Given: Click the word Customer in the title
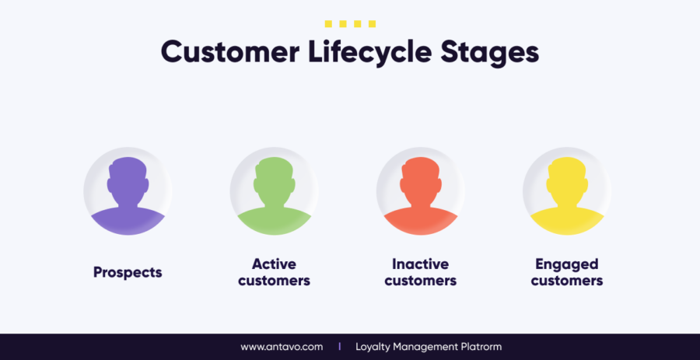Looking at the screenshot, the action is click(x=230, y=52).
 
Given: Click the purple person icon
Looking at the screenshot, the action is click(x=128, y=195).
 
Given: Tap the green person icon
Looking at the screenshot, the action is click(x=274, y=195).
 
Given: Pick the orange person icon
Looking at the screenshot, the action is click(x=421, y=195).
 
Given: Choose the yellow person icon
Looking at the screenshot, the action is click(x=567, y=195).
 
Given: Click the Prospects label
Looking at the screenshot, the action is click(x=128, y=273).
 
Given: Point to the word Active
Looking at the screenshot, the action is click(x=274, y=264).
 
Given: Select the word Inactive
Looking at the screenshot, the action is click(x=421, y=264).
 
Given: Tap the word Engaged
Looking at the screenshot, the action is click(x=567, y=265).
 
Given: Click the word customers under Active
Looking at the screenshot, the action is click(x=274, y=281).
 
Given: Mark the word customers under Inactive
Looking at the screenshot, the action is click(x=421, y=281).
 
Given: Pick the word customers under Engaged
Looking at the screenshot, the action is click(x=567, y=281).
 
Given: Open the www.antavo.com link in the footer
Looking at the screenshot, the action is click(x=282, y=347).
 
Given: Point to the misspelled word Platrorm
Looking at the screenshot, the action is click(x=481, y=347).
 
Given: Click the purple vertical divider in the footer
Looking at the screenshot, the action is click(x=339, y=347).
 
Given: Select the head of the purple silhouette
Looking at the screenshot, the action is click(x=128, y=180).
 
